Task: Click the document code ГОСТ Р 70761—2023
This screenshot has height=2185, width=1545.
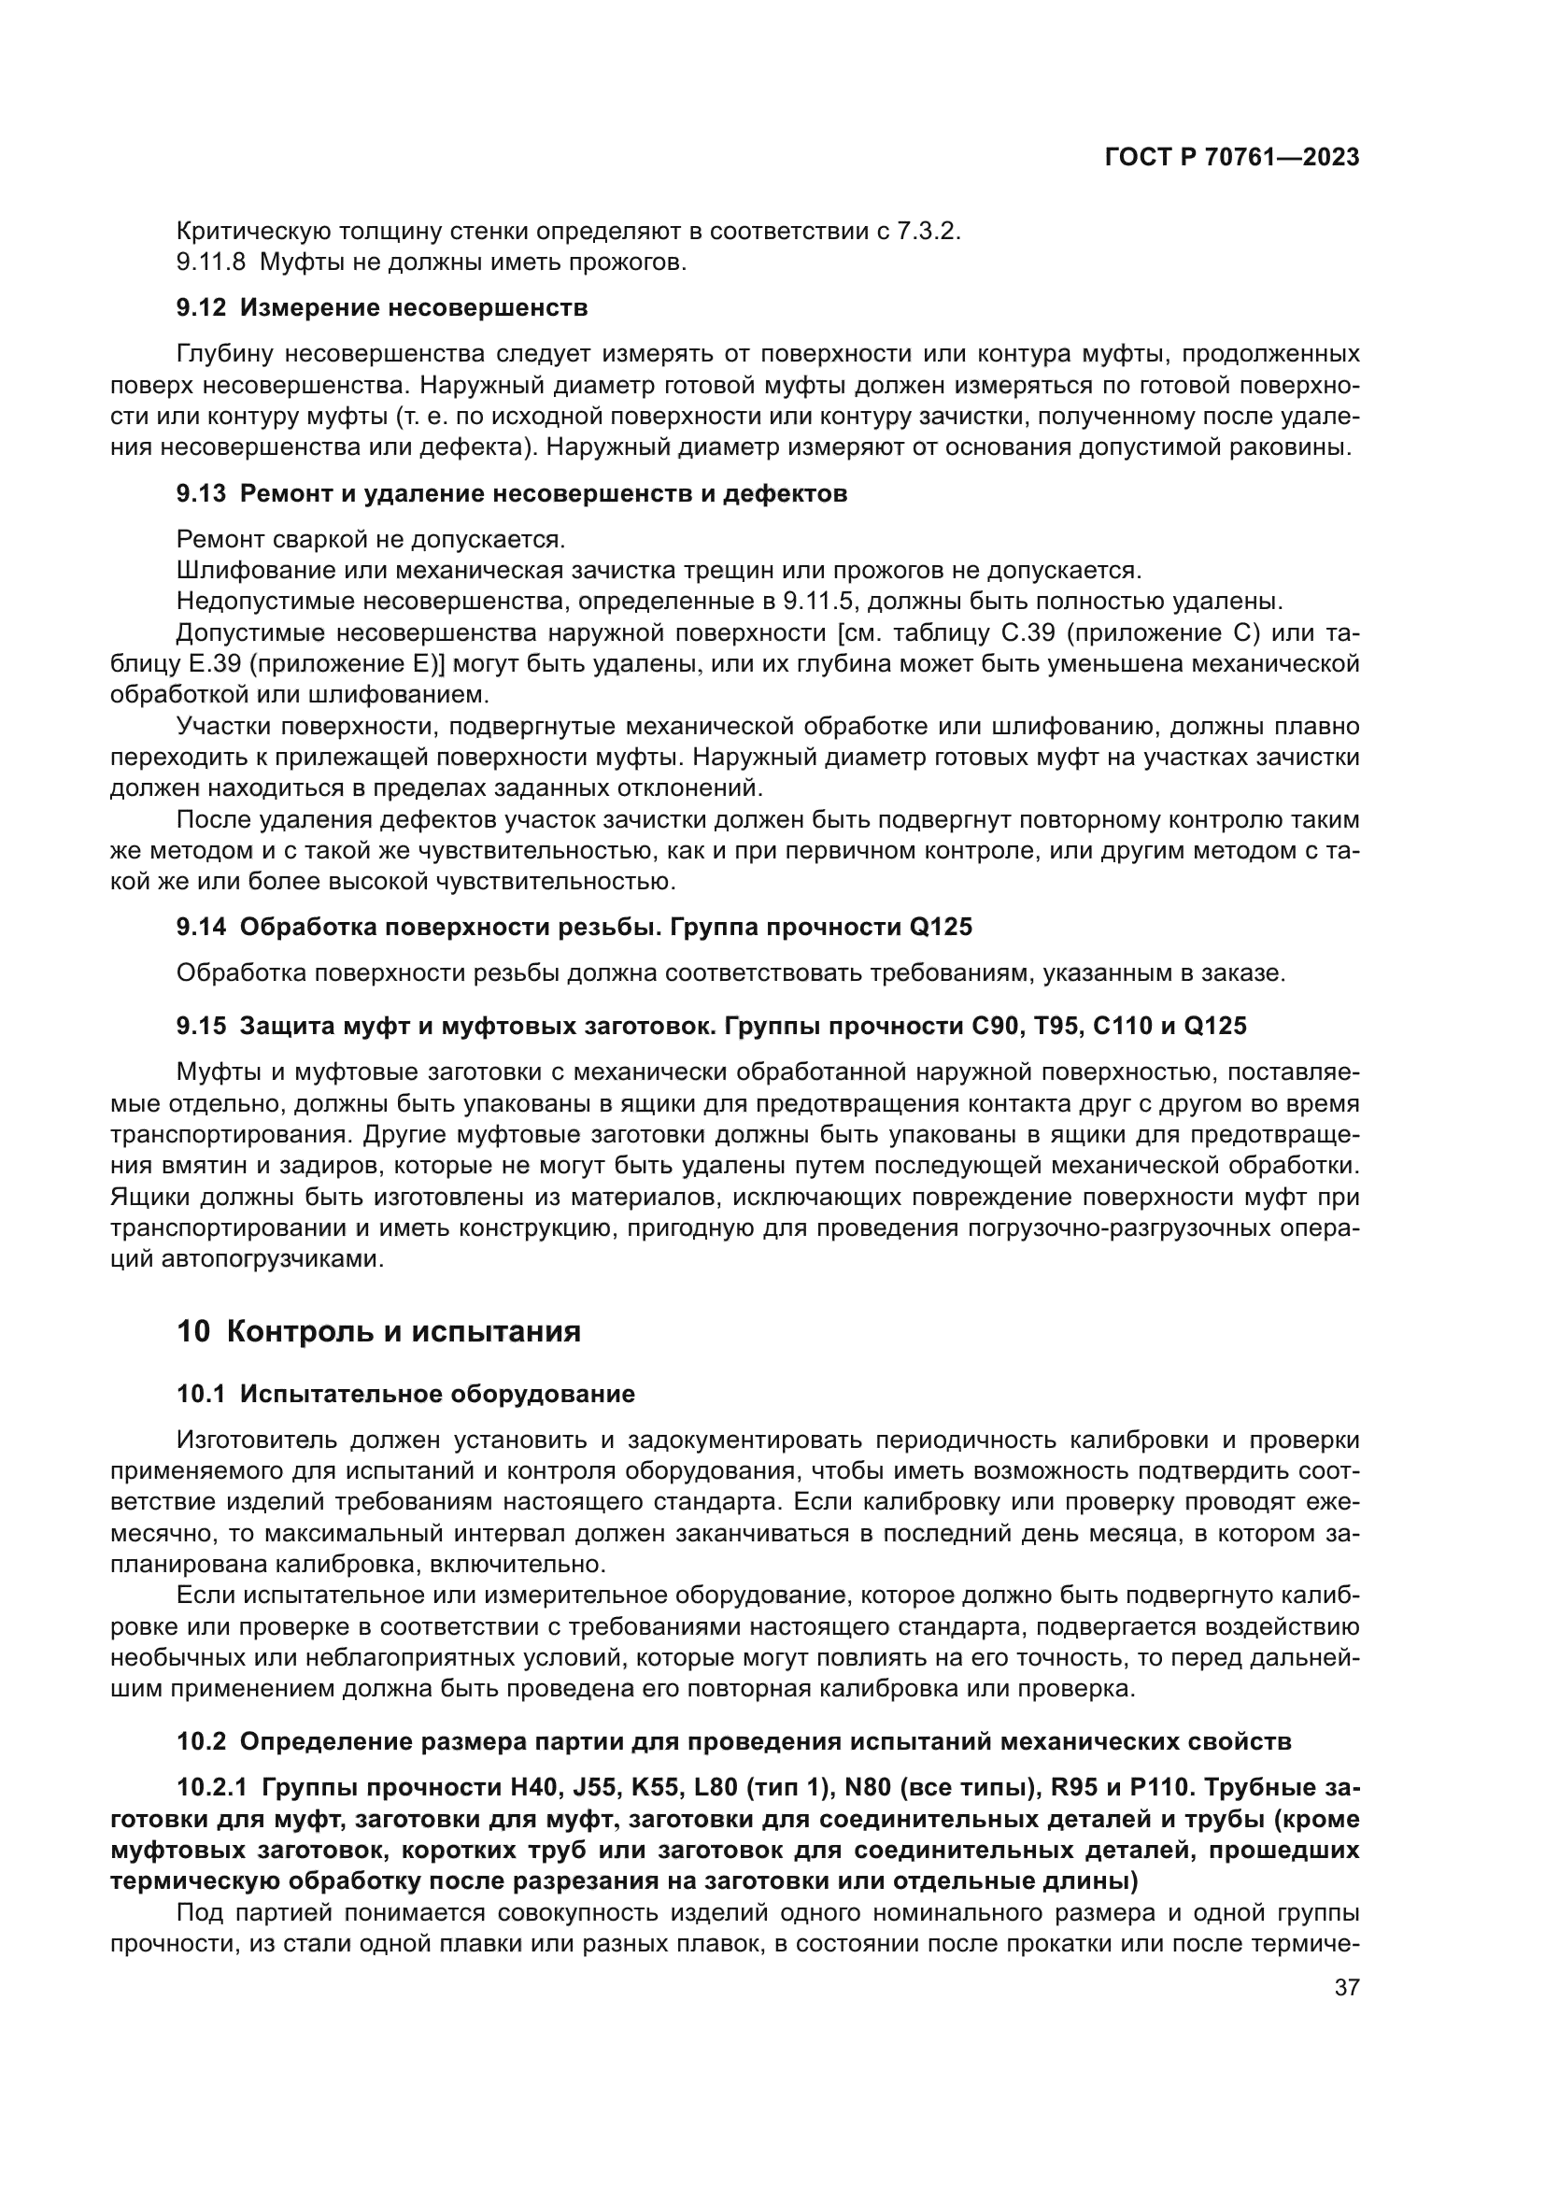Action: pyautogui.click(x=1232, y=158)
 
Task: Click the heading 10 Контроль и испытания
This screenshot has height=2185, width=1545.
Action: pyautogui.click(x=378, y=1330)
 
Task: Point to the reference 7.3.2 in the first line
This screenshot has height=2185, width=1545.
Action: pyautogui.click(x=927, y=232)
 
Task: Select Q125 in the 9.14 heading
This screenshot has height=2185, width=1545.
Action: pyautogui.click(x=940, y=926)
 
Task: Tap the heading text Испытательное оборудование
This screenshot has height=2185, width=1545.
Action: pyautogui.click(x=436, y=1394)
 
